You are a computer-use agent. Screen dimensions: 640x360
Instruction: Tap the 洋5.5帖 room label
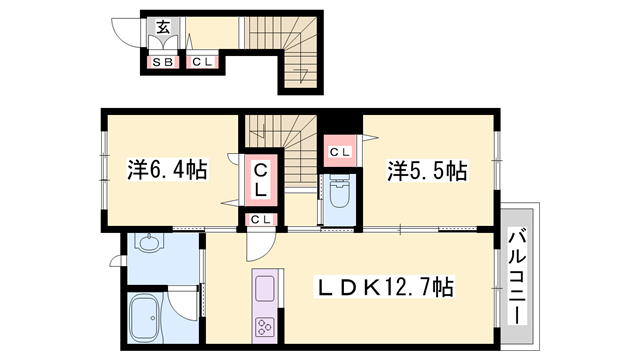[427, 171]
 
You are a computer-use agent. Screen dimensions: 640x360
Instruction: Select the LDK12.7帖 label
[385, 287]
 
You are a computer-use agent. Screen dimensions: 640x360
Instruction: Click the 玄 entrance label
[163, 27]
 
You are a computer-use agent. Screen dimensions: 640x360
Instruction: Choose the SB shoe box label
[163, 62]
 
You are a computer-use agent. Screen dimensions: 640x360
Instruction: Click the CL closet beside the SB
[202, 62]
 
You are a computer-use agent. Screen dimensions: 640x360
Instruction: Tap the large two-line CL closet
[261, 180]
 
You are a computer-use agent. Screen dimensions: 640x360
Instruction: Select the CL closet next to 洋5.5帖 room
[340, 152]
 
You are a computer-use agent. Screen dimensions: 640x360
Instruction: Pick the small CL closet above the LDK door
[260, 220]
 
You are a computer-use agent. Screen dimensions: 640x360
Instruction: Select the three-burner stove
[264, 327]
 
